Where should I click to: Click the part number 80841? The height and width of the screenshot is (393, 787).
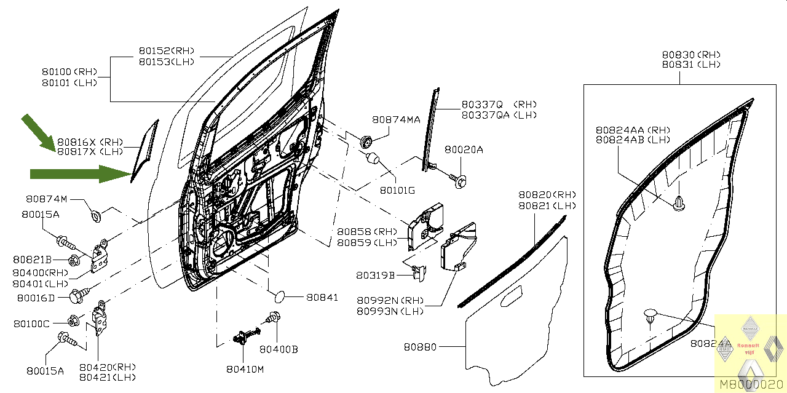click(322, 298)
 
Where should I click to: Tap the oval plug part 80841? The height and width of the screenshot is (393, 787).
click(280, 297)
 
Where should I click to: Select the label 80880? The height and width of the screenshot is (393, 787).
click(420, 347)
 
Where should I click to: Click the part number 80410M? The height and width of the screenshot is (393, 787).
click(245, 369)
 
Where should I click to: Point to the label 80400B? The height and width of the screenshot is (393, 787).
click(279, 349)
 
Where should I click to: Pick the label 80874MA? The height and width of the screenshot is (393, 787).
click(396, 119)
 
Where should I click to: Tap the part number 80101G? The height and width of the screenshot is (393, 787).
click(397, 190)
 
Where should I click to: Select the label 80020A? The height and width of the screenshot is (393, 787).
click(464, 149)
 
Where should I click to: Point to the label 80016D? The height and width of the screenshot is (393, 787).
click(36, 298)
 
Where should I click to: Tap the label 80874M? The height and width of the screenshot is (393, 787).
click(47, 199)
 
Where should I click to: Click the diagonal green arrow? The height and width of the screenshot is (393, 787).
click(38, 132)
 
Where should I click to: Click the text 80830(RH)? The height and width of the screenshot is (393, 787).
click(691, 55)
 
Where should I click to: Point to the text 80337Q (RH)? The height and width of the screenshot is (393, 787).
click(499, 105)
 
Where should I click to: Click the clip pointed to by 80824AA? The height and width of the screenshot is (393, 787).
click(679, 204)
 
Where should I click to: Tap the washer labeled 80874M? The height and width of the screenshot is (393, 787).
click(97, 215)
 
